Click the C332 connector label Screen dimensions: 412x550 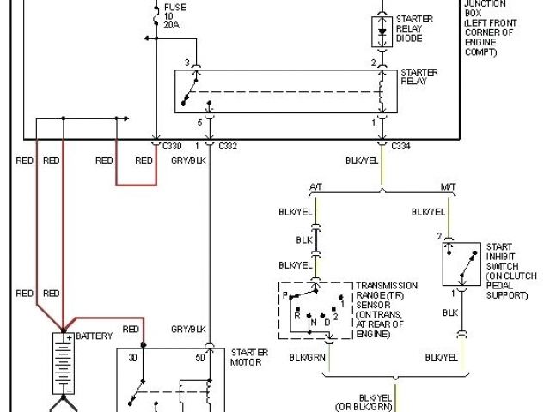pos(227,147)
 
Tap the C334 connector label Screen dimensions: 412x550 pos(400,147)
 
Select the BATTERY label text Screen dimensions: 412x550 pos(94,336)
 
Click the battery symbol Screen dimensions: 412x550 pos(63,360)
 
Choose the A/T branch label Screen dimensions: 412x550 pos(315,187)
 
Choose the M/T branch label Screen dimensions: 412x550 pos(448,187)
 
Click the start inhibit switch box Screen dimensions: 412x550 pos(461,264)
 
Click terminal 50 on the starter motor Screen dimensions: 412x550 pos(199,357)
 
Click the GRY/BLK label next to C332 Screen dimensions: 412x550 pos(188,161)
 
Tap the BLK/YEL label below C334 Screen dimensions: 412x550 pos(362,161)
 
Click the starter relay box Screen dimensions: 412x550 pos(287,91)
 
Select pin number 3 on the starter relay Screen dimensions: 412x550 pos(186,62)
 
